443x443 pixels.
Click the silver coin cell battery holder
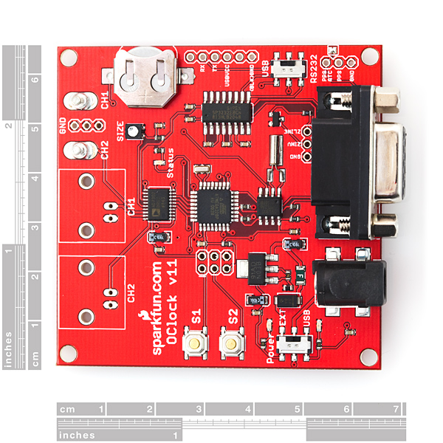point(143,74)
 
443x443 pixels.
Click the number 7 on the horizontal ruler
point(396,408)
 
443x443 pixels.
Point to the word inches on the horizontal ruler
point(77,435)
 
